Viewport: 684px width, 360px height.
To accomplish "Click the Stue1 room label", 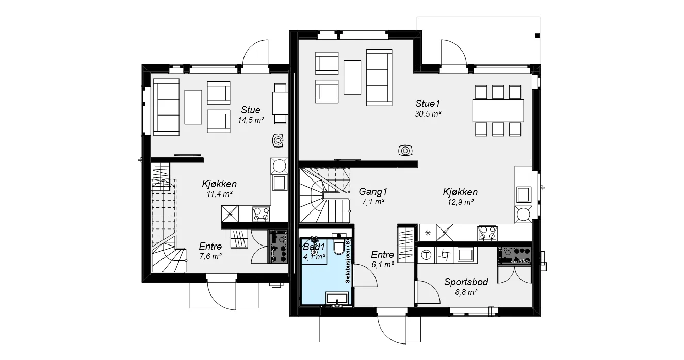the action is tap(428, 103).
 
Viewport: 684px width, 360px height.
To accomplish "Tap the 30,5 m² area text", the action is tap(428, 114).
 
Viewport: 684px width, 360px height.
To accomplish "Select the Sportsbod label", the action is tap(466, 282).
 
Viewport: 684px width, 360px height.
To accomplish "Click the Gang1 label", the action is tap(373, 192).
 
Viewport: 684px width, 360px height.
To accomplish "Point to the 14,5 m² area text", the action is tap(251, 120).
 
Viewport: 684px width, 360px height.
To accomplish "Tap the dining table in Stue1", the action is tap(498, 110).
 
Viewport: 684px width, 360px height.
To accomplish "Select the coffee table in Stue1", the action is tap(352, 77).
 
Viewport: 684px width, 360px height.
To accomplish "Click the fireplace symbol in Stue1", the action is tap(405, 151).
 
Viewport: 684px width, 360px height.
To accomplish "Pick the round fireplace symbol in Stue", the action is tap(278, 141).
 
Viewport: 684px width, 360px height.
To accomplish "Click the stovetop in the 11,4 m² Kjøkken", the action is tap(261, 214).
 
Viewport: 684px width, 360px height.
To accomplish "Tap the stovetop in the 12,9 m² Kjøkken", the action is tap(487, 233).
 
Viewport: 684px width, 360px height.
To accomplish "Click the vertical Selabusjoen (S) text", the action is tap(348, 261).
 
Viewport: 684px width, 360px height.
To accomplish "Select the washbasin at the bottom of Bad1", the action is tap(337, 298).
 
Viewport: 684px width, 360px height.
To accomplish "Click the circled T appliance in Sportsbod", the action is tap(426, 255).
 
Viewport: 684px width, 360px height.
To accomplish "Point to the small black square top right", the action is tap(538, 36).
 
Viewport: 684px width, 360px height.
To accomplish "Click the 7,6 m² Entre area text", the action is tap(210, 256).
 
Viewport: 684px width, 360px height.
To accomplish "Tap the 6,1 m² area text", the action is tap(383, 265).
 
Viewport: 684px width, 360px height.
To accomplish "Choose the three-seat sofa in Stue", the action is tap(166, 107).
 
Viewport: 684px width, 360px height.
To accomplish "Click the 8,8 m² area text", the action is tap(466, 292).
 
